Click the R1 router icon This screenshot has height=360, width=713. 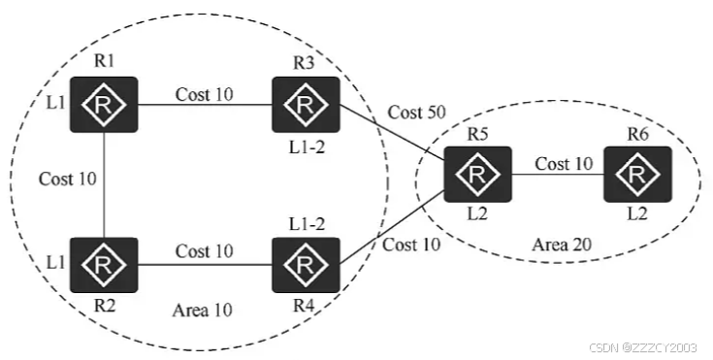coord(104,105)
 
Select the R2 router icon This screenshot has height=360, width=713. coord(104,265)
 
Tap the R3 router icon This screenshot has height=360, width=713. coord(306,105)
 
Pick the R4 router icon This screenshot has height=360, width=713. coord(306,265)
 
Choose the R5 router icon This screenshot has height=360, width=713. coord(478,175)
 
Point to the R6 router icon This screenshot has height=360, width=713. coord(637,175)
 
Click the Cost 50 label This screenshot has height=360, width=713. coord(416,112)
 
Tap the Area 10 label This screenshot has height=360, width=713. coord(203,311)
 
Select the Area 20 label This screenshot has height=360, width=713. coord(562,245)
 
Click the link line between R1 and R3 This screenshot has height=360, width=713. coord(205,105)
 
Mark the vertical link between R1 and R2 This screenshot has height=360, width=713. coord(104,184)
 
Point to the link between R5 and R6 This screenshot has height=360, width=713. coord(558,175)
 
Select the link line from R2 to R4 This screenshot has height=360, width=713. coord(205,265)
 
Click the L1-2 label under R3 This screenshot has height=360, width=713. coord(307,147)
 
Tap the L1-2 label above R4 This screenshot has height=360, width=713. coord(307,224)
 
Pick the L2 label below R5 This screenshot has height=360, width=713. coord(477,213)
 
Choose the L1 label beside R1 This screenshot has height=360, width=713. coord(55,103)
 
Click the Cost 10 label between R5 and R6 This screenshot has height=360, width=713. coord(564,164)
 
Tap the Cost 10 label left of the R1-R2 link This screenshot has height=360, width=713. coord(68,179)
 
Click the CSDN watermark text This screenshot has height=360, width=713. coord(643,348)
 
